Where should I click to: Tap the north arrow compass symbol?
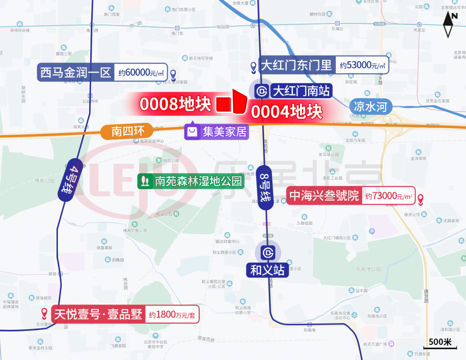(x=449, y=24)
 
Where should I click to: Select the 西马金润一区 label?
(x=76, y=72)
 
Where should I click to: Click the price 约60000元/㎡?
(x=141, y=73)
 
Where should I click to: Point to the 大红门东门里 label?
(x=296, y=65)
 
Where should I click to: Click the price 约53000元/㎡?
(x=362, y=65)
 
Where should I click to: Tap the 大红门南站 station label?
(x=301, y=91)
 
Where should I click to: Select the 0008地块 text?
(x=175, y=104)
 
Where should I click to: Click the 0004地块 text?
(x=287, y=112)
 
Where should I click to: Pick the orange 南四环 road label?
(x=127, y=131)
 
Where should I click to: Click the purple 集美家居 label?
(x=224, y=131)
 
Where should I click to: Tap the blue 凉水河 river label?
(x=370, y=107)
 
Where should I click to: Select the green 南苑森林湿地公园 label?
(x=198, y=181)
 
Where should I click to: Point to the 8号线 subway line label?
(x=265, y=187)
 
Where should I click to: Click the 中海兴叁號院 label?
(x=324, y=195)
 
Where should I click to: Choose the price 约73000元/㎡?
(x=389, y=196)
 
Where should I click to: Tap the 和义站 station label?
(x=267, y=270)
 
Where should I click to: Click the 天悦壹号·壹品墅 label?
(x=98, y=314)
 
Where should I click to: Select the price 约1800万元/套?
(x=172, y=315)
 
